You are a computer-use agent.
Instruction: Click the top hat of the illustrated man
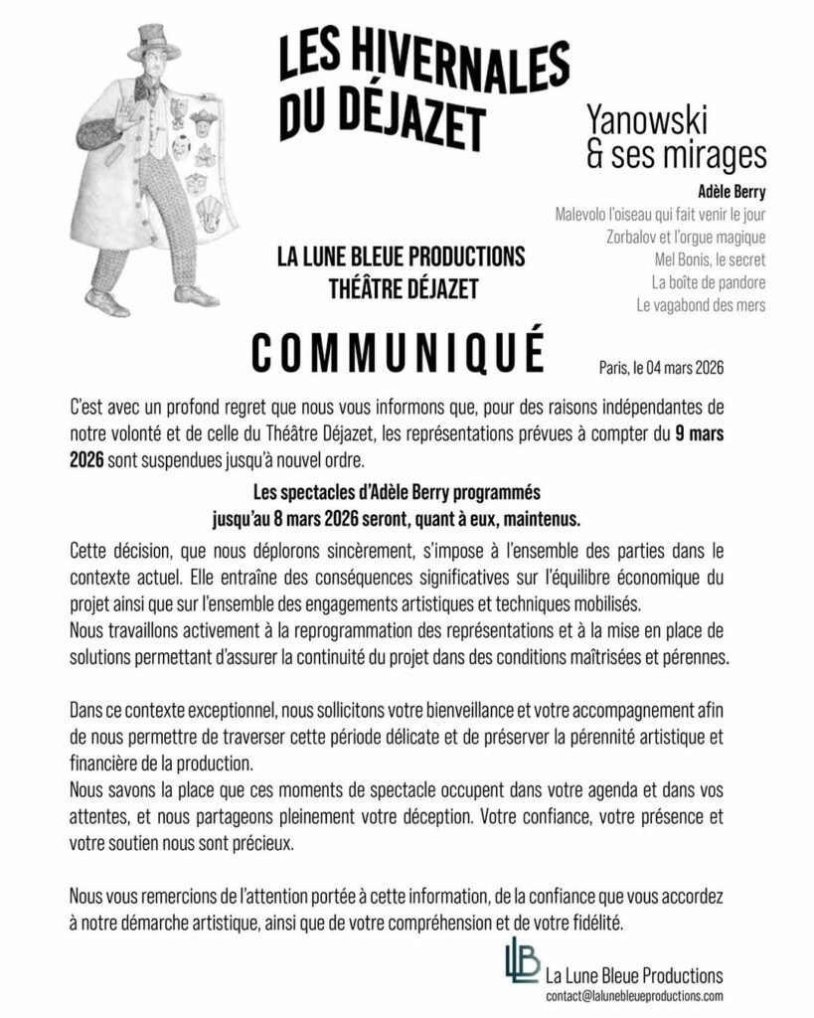tap(154, 42)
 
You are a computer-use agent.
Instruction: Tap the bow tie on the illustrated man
tap(146, 89)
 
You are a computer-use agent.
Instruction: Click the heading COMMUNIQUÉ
tap(398, 353)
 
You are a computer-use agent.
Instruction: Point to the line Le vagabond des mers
tap(701, 305)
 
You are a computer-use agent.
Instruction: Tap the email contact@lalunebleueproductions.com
tap(634, 995)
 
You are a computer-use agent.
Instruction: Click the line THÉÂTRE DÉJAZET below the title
tap(402, 289)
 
